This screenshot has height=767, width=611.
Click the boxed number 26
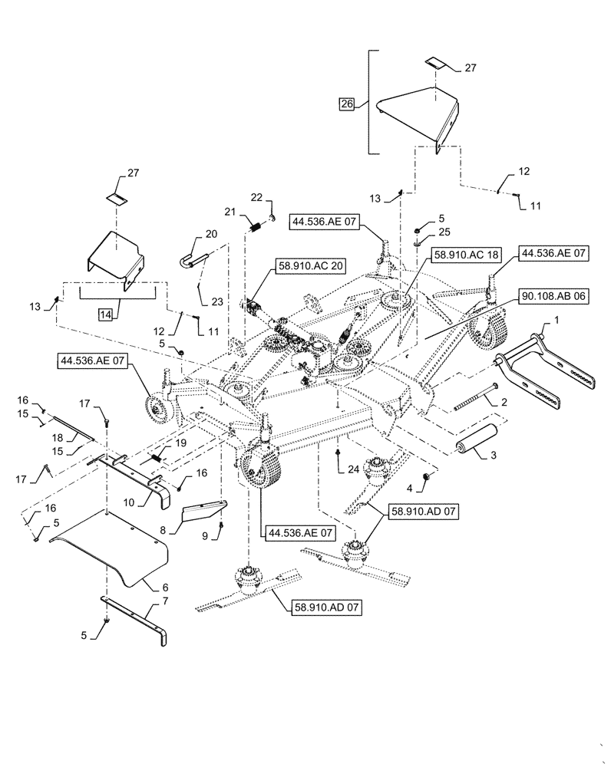[x=347, y=104]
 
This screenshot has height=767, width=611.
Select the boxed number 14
[x=105, y=314]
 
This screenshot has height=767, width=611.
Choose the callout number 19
[x=181, y=443]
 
